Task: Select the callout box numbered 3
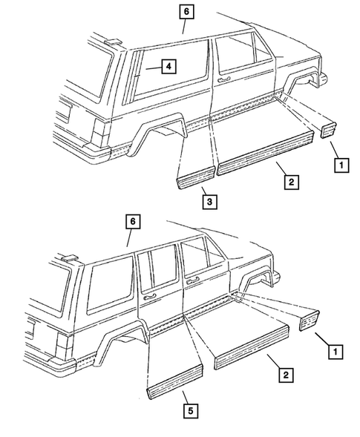tap(210, 200)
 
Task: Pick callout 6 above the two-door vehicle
tap(186, 11)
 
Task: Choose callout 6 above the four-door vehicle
tap(131, 221)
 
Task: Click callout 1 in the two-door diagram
tap(341, 165)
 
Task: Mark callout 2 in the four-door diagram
tap(285, 375)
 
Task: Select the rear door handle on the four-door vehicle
tap(150, 297)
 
